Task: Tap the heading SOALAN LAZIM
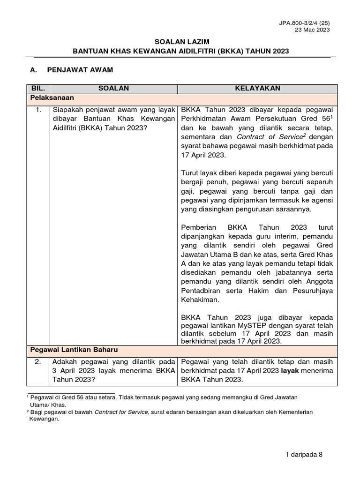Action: point(180,41)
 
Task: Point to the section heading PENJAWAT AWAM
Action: point(80,70)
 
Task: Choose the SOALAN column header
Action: point(113,89)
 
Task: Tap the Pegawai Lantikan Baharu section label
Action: point(74,350)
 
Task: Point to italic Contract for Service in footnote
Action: point(121,412)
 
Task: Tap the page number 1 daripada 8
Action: point(303,455)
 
